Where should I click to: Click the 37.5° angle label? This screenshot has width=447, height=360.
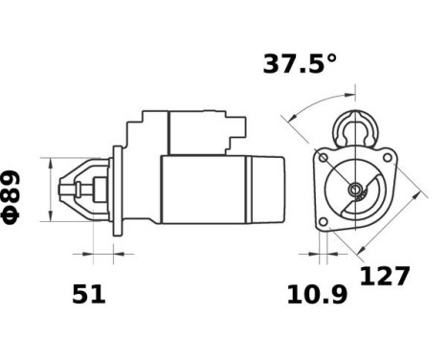pos(300,64)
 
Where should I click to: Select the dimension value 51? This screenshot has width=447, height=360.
pos(89,295)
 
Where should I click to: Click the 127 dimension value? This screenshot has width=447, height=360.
pos(385,277)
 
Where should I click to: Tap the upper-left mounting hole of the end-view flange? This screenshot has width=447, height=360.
pos(324,157)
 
